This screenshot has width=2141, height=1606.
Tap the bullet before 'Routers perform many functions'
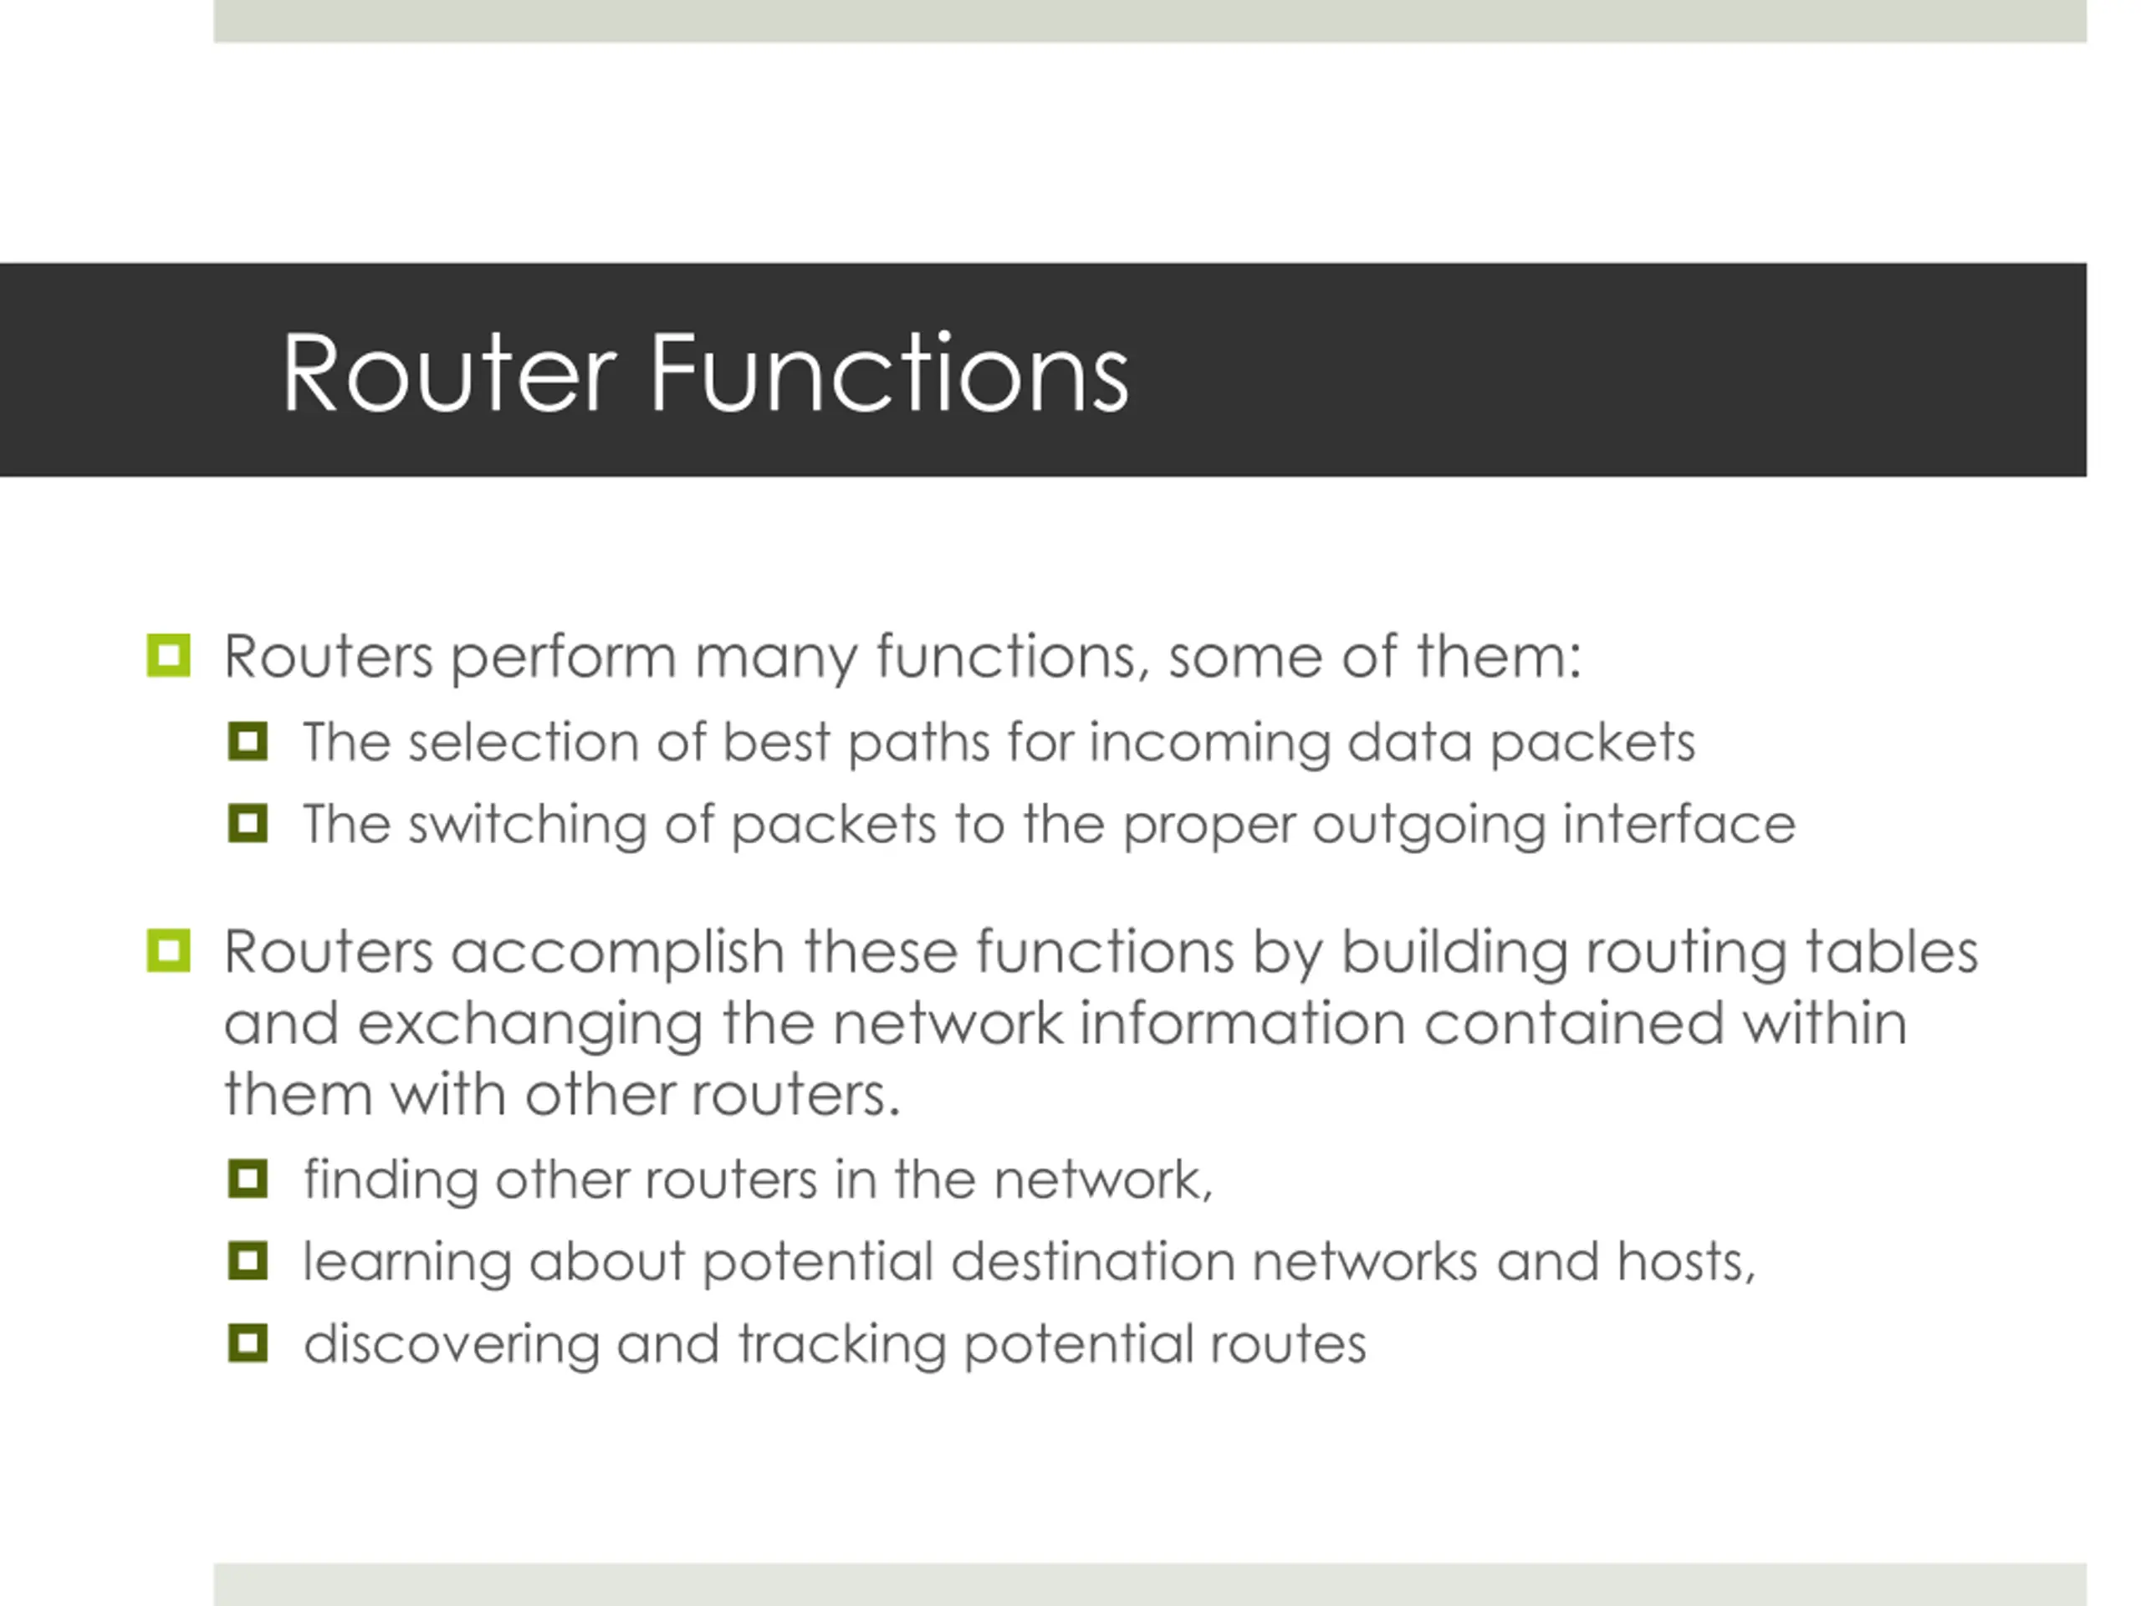pos(168,656)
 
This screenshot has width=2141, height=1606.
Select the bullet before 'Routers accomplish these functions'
pos(168,950)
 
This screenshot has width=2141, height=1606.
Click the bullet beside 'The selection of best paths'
pos(248,742)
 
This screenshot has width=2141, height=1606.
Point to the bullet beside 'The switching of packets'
pos(248,824)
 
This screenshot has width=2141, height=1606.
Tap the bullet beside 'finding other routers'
pos(248,1179)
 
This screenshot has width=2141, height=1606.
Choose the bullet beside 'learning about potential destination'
pos(248,1261)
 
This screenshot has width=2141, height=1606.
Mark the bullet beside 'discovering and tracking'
pos(248,1343)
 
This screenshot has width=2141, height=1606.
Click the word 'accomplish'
pos(617,954)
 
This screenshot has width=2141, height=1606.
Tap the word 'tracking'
pos(841,1346)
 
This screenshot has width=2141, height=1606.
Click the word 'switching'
pos(527,826)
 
